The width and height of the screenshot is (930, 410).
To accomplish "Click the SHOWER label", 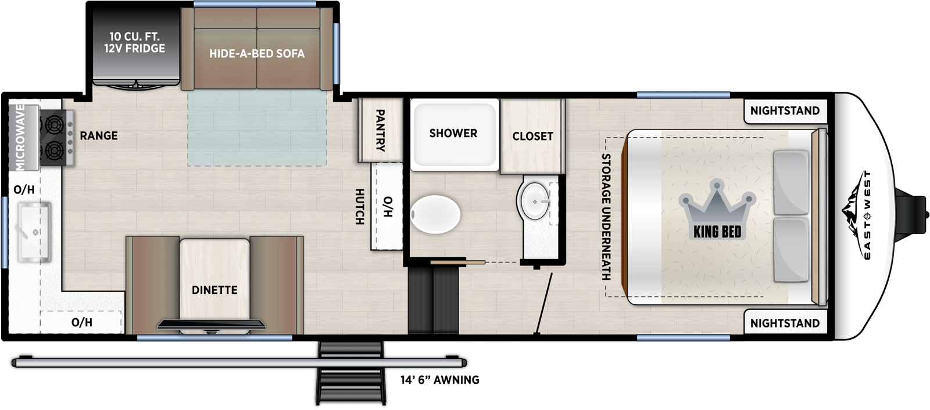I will (453, 134).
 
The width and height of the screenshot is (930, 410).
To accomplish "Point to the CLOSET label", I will (532, 136).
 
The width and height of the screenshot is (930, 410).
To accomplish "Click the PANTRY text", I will (380, 130).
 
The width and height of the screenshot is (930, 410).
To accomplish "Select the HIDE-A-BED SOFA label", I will (257, 54).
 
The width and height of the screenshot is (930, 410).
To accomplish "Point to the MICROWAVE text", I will (20, 137).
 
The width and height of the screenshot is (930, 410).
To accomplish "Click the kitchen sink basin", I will (34, 231).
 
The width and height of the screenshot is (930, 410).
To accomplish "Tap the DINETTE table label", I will (214, 290).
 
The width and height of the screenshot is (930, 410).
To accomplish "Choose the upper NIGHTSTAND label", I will (785, 111).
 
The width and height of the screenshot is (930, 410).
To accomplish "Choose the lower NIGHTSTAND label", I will (785, 323).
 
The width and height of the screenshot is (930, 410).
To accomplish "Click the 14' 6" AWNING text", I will (439, 380).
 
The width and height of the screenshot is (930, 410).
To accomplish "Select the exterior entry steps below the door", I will (350, 375).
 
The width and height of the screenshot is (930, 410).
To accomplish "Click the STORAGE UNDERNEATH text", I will (606, 217).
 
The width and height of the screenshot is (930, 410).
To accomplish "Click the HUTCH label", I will (359, 207).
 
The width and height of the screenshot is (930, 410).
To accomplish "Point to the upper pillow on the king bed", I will (791, 182).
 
